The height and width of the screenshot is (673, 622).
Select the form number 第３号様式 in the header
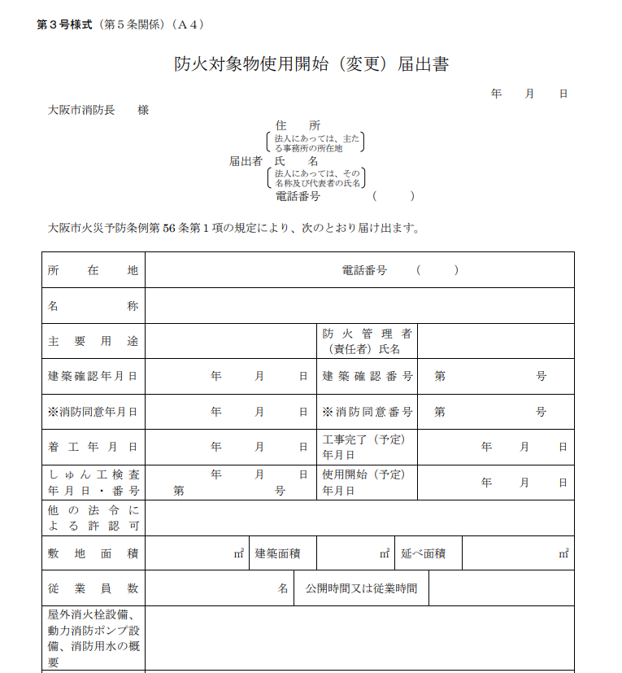[65, 24]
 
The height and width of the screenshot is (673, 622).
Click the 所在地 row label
[93, 270]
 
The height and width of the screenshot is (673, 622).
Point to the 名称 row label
[93, 306]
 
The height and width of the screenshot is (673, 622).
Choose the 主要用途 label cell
[93, 341]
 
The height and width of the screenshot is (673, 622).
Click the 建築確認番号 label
[368, 376]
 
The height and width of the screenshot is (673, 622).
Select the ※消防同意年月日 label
[93, 412]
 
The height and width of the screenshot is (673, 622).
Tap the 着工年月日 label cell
[93, 447]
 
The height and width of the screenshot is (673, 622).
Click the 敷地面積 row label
[93, 553]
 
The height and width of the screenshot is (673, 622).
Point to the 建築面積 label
[278, 553]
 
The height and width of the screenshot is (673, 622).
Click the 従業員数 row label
[93, 588]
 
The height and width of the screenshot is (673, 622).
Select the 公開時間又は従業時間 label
[361, 588]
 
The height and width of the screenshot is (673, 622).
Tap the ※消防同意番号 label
[368, 412]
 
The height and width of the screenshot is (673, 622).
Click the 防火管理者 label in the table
[368, 334]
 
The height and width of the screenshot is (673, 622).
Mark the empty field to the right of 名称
[359, 306]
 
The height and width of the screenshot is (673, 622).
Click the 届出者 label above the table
[245, 161]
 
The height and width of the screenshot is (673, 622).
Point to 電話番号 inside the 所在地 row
[364, 270]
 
